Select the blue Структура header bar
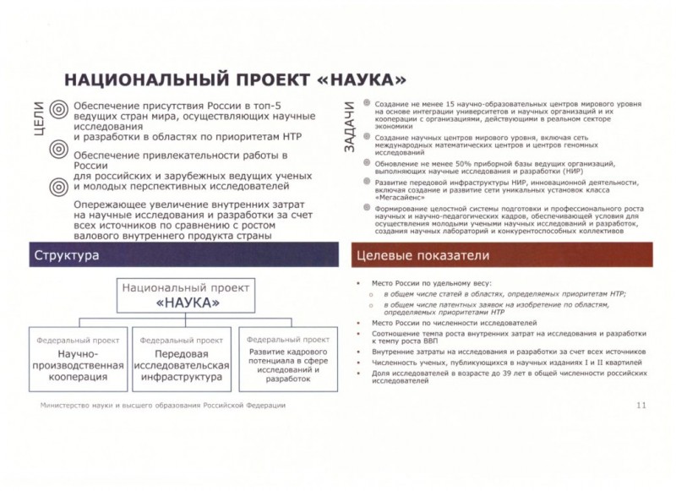[188, 254]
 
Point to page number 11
[641, 406]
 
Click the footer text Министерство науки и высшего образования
[162, 406]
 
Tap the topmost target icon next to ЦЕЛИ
[58, 108]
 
